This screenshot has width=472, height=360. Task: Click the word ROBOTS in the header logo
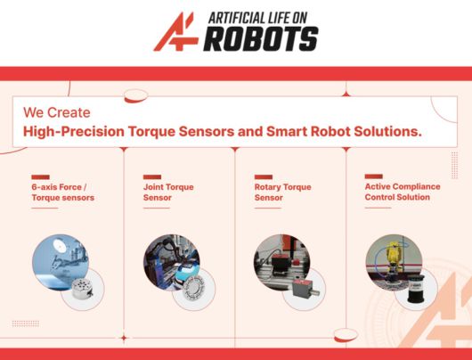pos(261,39)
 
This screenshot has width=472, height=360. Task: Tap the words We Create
pos(57,112)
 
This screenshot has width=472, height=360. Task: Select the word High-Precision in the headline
pos(74,132)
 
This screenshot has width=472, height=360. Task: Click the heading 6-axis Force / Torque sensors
pos(63,192)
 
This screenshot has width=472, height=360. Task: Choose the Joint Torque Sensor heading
pos(168,192)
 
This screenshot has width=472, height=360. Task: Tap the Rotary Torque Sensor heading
pos(282,192)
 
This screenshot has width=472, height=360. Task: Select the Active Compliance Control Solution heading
pos(403,192)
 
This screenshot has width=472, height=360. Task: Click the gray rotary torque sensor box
pos(305,289)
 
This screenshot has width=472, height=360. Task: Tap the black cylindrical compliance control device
pos(416,289)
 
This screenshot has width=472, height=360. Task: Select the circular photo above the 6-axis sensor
pos(61,262)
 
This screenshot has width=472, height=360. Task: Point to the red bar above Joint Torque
pos(152,176)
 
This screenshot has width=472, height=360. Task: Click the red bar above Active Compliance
pos(373,176)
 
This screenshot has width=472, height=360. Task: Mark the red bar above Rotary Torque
pos(264,176)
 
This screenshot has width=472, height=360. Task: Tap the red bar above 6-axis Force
pos(40,176)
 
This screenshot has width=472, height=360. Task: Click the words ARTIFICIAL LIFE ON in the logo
pos(257,18)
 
